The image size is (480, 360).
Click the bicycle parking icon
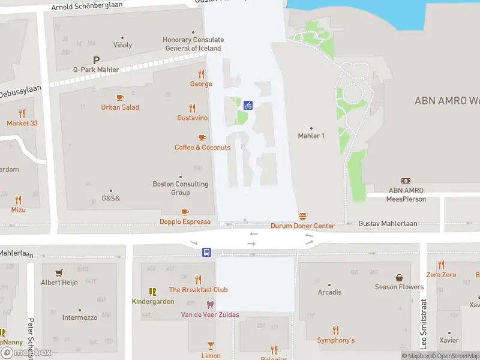pyautogui.click(x=248, y=105)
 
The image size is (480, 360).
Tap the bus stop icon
pyautogui.click(x=206, y=252)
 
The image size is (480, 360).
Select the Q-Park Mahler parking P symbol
pyautogui.click(x=96, y=60)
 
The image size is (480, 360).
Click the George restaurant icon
pyautogui.click(x=201, y=74)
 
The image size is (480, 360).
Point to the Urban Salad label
pyautogui.click(x=120, y=107)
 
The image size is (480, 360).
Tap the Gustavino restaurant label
pyautogui.click(x=193, y=118)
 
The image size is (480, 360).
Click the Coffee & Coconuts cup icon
pyautogui.click(x=202, y=137)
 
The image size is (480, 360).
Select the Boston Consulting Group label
pyautogui.click(x=181, y=188)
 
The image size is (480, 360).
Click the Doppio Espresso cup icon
pyautogui.click(x=185, y=212)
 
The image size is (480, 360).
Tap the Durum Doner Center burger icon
pyautogui.click(x=303, y=216)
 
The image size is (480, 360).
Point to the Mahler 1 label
pyautogui.click(x=311, y=136)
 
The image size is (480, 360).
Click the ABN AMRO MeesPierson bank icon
pyautogui.click(x=406, y=181)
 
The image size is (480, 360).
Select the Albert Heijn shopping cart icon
pyautogui.click(x=59, y=272)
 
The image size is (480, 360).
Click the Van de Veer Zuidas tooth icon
pyautogui.click(x=210, y=305)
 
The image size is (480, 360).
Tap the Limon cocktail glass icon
pyautogui.click(x=211, y=345)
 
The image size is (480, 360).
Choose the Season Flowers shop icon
pyautogui.click(x=399, y=277)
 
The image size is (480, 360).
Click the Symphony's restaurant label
pyautogui.click(x=336, y=340)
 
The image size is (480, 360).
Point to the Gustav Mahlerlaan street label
pyautogui.click(x=388, y=224)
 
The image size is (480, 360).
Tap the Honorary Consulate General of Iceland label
pyautogui.click(x=193, y=44)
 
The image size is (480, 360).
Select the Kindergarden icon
pyautogui.click(x=153, y=292)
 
